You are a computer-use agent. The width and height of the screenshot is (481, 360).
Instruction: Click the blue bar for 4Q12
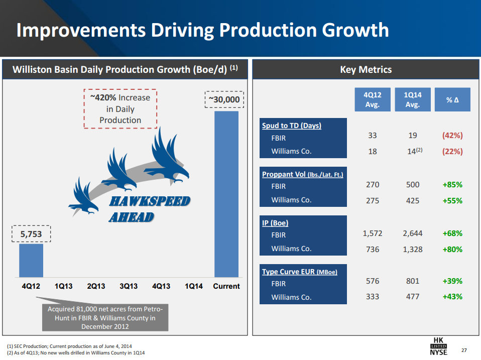point(31,260)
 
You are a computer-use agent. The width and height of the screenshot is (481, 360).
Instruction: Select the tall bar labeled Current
point(226,193)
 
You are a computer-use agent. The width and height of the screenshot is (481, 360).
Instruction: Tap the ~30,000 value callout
point(224,99)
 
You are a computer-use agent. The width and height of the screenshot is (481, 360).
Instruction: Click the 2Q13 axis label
point(96,286)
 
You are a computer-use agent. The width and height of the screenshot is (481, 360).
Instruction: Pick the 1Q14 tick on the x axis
point(193,286)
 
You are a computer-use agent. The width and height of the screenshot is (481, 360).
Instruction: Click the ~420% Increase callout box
point(120,108)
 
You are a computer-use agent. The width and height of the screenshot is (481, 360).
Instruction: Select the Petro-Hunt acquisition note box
point(105,318)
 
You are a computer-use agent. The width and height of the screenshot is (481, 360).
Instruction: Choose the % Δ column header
point(452,99)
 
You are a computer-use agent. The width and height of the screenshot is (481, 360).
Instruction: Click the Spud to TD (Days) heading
point(292,126)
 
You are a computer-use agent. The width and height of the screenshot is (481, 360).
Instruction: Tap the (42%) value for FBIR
point(452,136)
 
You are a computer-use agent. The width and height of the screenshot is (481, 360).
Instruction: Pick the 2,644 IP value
point(412,233)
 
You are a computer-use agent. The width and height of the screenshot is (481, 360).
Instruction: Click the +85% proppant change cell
point(452,185)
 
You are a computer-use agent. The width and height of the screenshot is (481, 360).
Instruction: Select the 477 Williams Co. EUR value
point(412,297)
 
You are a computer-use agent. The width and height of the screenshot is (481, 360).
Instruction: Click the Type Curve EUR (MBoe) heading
point(299,272)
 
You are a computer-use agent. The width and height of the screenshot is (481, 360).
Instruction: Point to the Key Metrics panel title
point(366,70)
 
